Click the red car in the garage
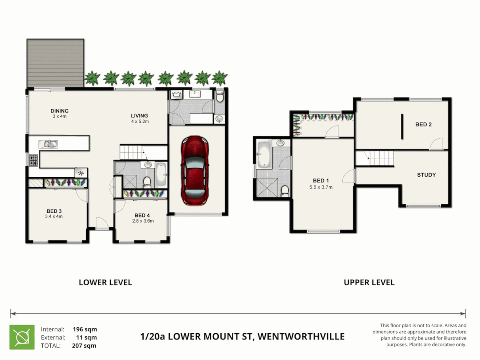pyautogui.click(x=195, y=170)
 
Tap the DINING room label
pyautogui.click(x=59, y=111)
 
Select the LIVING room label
pyautogui.click(x=140, y=116)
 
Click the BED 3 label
pyautogui.click(x=54, y=211)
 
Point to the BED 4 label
pyautogui.click(x=142, y=216)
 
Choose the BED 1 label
pyautogui.click(x=321, y=181)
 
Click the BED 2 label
pyautogui.click(x=424, y=124)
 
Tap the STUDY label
pyautogui.click(x=426, y=175)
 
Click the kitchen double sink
pyautogui.click(x=48, y=144)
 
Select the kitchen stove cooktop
pyautogui.click(x=33, y=160)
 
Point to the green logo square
pyautogui.click(x=22, y=337)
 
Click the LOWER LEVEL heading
pyautogui.click(x=105, y=282)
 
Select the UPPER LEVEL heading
pyautogui.click(x=369, y=282)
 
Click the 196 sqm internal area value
pyautogui.click(x=85, y=329)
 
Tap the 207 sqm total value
pyautogui.click(x=84, y=346)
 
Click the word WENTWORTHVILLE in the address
pyautogui.click(x=301, y=336)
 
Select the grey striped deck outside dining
pyautogui.click(x=55, y=63)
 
